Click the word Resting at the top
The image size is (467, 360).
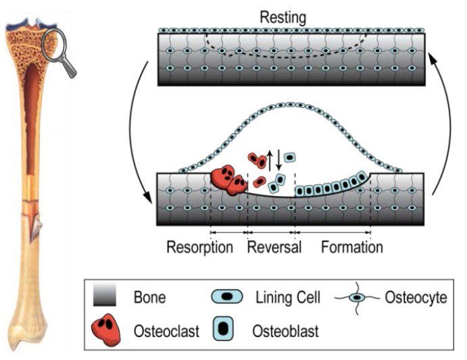click(x=283, y=18)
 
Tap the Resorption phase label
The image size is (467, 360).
click(x=200, y=247)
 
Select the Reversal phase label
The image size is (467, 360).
click(x=274, y=247)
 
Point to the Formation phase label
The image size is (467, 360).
click(x=352, y=247)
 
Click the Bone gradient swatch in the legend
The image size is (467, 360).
click(x=105, y=294)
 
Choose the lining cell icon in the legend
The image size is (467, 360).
click(x=227, y=297)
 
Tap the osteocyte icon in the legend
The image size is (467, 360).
click(x=357, y=297)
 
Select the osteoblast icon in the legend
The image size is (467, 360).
click(x=223, y=329)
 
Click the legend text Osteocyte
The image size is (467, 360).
click(x=416, y=297)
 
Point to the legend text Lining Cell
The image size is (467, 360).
click(x=288, y=297)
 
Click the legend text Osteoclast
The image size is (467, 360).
click(x=166, y=331)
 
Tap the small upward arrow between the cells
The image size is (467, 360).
click(x=270, y=161)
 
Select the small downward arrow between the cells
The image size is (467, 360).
click(x=278, y=160)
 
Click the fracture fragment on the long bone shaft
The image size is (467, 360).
click(x=36, y=228)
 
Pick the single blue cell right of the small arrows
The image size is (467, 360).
click(x=289, y=157)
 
